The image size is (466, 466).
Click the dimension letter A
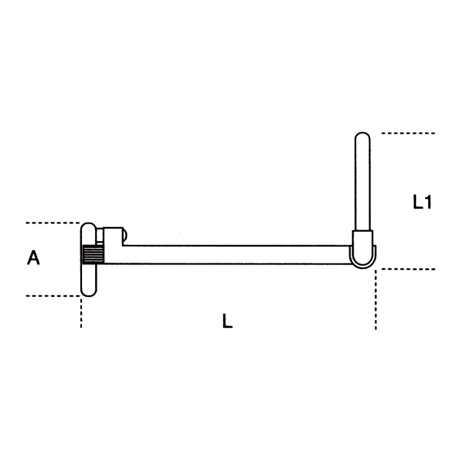[x=34, y=257]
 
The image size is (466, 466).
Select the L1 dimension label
[x=422, y=202]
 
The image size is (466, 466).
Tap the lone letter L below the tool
[x=227, y=321]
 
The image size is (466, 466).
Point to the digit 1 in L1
[x=427, y=202]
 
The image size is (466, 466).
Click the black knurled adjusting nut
[x=93, y=254]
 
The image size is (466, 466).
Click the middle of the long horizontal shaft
[x=227, y=255]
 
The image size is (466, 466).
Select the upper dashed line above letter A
[x=53, y=222]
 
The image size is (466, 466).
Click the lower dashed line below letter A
[x=53, y=296]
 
